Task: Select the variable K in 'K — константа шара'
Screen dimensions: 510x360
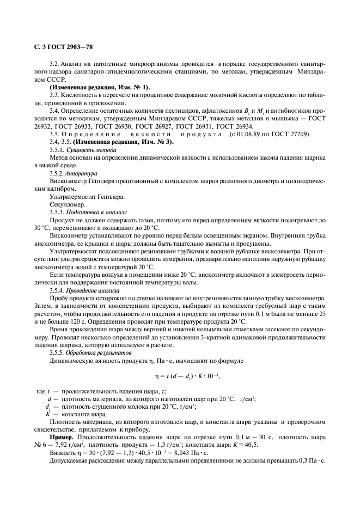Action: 48,414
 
